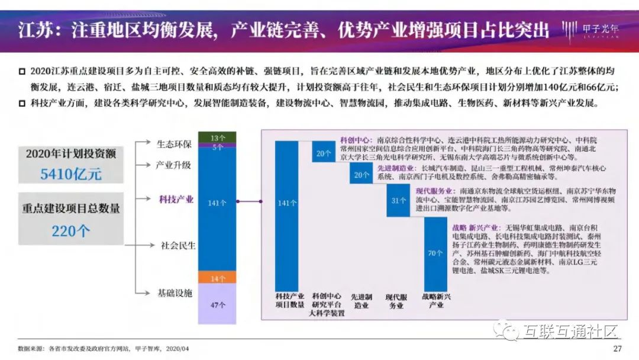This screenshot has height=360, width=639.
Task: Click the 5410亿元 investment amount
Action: coord(71,173)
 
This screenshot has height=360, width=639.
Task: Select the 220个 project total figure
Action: coord(71,230)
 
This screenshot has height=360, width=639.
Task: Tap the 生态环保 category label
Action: coord(174,144)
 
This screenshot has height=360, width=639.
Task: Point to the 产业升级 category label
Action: coord(173,165)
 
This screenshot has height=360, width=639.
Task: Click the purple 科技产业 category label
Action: coord(176,200)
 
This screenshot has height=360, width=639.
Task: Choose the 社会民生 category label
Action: coord(178,245)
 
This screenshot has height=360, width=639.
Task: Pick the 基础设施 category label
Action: coord(175,293)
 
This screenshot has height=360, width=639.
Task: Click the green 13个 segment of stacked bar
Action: coord(217,137)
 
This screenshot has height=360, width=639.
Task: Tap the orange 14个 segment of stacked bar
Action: coord(217,278)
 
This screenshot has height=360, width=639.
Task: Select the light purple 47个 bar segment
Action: coord(217,305)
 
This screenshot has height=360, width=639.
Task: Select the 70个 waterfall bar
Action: coord(435,253)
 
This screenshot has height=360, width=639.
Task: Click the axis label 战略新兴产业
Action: coord(435,300)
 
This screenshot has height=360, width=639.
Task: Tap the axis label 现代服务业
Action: coord(396,300)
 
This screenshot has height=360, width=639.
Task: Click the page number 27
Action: coord(617,348)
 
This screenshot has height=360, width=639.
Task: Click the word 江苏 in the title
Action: coord(33,30)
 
